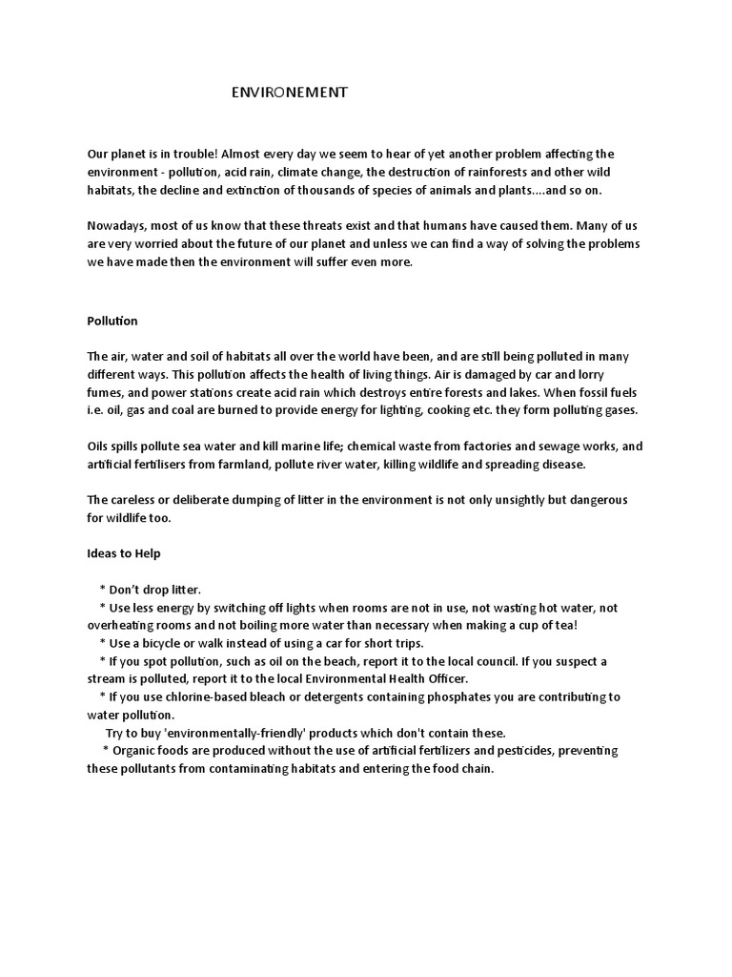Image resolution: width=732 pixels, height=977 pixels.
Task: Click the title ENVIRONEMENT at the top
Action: coord(291,93)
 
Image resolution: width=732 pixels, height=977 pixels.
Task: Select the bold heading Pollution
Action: coord(112,321)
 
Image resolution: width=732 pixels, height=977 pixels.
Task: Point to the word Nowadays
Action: coord(120,227)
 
